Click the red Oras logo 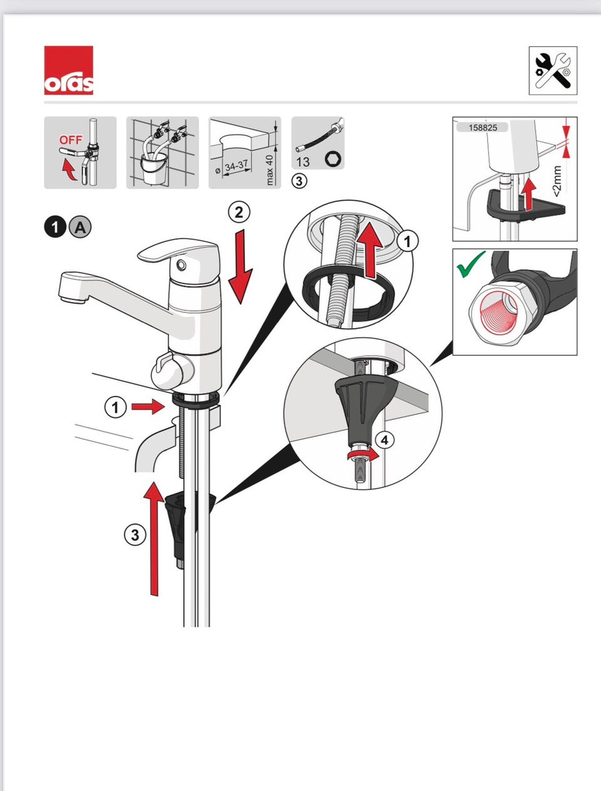[68, 70]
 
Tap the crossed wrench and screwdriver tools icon [553, 71]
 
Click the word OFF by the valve [71, 140]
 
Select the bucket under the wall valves [154, 168]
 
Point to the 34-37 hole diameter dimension [237, 166]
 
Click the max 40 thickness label [269, 170]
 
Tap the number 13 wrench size [303, 162]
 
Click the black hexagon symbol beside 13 [333, 160]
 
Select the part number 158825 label [483, 128]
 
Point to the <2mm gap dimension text [557, 181]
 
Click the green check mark [471, 265]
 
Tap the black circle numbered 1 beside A [55, 227]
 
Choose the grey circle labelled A [80, 227]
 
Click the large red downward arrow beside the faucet [240, 267]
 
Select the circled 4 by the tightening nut [385, 440]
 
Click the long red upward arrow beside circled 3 [154, 538]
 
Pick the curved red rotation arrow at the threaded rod [363, 455]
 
